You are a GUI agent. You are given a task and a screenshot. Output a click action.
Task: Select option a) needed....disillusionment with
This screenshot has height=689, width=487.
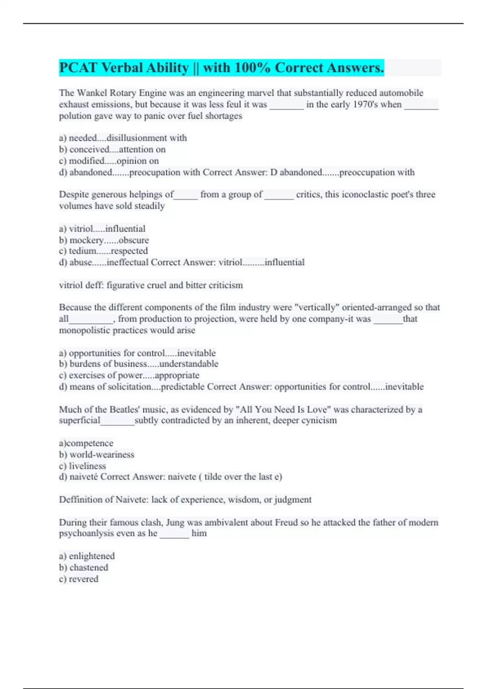123,138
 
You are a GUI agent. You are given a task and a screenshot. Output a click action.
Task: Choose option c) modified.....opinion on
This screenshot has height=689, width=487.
109,161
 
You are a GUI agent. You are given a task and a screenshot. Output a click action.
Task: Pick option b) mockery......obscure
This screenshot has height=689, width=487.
104,240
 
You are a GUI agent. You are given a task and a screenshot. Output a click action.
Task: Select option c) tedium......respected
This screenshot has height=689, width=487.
103,251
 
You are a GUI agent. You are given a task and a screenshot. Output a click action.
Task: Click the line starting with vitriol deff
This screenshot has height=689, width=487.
151,285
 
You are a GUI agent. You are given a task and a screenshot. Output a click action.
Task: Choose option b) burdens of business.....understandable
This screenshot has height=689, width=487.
138,364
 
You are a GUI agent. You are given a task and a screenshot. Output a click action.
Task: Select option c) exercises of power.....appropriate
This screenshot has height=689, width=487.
129,375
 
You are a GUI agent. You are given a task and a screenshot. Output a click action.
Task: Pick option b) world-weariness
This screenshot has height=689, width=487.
97,455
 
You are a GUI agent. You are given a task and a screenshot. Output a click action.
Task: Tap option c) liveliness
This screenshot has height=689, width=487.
82,466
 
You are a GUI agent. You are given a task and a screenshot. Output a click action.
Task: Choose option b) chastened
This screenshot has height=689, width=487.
84,567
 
